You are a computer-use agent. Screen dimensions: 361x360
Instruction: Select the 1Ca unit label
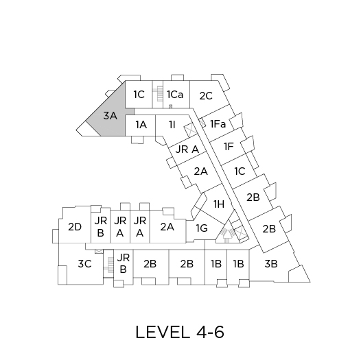tap(175, 95)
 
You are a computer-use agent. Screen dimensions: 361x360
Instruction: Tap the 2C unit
tap(206, 96)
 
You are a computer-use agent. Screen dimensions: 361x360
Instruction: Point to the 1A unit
tap(141, 125)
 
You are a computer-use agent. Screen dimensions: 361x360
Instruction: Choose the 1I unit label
tap(172, 125)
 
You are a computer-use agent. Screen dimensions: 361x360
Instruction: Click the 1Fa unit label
tap(218, 124)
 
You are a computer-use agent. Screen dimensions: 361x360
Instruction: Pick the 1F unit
tap(229, 147)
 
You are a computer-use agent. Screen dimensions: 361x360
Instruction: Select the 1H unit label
tap(219, 204)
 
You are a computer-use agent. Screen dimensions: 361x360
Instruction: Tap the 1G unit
tap(202, 228)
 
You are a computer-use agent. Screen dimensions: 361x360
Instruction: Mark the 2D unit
tap(75, 226)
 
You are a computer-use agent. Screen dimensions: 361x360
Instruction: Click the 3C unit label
tap(84, 264)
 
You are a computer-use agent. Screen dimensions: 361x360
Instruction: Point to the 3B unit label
tap(271, 264)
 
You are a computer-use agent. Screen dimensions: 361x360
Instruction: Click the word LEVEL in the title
tap(161, 333)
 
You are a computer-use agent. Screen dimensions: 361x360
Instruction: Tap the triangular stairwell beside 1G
tap(227, 232)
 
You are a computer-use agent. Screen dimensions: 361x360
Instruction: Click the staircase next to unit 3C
tap(109, 265)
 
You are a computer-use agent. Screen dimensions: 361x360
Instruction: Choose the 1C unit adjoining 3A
tap(139, 95)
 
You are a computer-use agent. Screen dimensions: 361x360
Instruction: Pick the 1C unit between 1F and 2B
tap(240, 171)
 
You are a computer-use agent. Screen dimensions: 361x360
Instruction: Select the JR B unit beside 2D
tap(101, 226)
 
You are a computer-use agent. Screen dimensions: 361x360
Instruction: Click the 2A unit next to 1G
tap(167, 227)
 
